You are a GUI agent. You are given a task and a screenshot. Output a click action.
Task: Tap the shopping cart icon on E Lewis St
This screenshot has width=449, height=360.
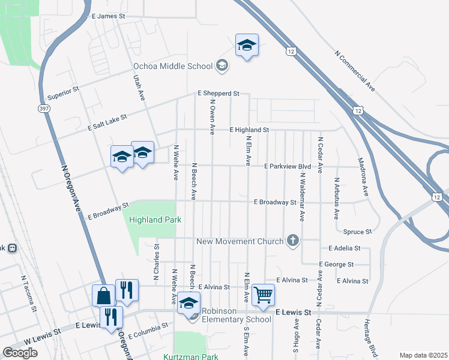tap(263, 295)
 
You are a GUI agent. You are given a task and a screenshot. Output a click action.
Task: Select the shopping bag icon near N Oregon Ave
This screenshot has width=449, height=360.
tap(103, 296)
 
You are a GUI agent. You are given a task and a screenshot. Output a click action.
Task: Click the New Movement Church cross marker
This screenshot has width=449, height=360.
tap(293, 241)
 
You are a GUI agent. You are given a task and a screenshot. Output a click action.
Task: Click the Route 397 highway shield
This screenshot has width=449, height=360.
tap(44, 109)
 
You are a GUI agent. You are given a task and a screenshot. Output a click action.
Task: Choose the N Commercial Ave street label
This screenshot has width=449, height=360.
tap(355, 71)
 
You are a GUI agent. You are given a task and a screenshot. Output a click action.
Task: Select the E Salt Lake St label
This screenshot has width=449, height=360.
tap(107, 119)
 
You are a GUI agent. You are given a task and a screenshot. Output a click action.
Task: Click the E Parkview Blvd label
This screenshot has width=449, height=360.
tap(288, 166)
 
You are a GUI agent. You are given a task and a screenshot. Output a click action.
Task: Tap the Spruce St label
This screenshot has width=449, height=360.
tap(358, 231)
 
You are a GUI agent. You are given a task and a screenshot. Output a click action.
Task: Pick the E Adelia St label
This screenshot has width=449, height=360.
tap(345, 247)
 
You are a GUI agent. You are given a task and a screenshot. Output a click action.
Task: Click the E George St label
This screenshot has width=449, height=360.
tap(336, 264)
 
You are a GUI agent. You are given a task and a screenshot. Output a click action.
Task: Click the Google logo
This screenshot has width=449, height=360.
tap(20, 353)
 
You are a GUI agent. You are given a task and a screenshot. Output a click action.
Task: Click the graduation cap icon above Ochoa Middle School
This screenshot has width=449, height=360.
tap(247, 46)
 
